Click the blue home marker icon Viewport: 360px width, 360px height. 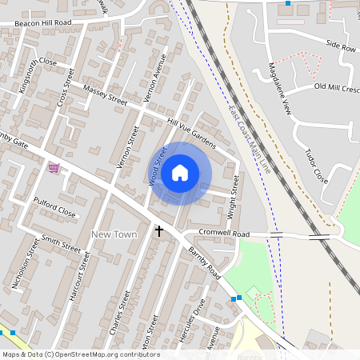180,173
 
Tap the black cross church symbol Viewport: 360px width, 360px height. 158,231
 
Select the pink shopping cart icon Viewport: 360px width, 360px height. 54,167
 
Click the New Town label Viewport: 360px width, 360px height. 114,234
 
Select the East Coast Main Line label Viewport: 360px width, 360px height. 249,140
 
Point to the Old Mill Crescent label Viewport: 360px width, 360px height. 337,86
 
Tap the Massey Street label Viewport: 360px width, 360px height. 105,95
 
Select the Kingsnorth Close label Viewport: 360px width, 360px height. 37,72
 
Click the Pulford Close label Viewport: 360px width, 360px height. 55,208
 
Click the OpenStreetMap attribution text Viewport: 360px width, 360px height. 81,354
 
